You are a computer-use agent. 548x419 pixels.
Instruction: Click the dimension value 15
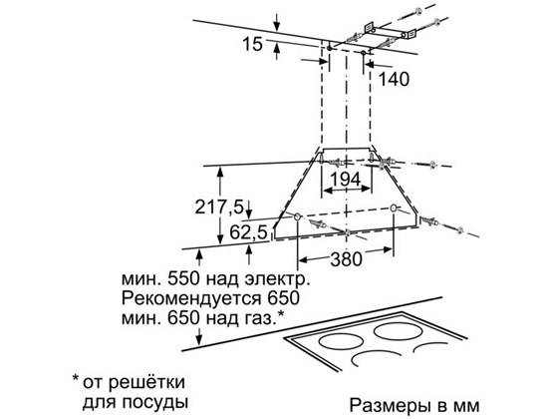point(252,44)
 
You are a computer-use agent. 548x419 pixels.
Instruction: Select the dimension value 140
point(394,79)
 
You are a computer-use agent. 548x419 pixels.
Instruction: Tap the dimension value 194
point(346,180)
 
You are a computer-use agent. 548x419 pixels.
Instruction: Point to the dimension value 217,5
point(219,207)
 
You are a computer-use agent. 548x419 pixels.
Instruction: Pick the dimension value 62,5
point(248,232)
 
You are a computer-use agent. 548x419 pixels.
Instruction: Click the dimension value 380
point(346,259)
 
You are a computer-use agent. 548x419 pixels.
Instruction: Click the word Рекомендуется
point(191,298)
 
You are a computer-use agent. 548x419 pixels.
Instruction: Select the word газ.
point(260,318)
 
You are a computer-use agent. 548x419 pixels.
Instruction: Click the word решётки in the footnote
point(146,381)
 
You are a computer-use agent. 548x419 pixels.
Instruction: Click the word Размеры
point(391,406)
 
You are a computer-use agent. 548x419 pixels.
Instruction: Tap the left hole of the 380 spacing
point(297,217)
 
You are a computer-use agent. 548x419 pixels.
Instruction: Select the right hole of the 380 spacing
point(394,209)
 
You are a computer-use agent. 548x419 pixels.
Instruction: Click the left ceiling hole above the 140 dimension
point(329,48)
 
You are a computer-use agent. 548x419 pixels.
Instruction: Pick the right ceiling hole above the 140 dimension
point(364,53)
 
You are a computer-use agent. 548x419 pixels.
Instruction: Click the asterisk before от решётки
point(75,379)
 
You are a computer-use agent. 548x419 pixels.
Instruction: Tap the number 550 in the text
point(184,279)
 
